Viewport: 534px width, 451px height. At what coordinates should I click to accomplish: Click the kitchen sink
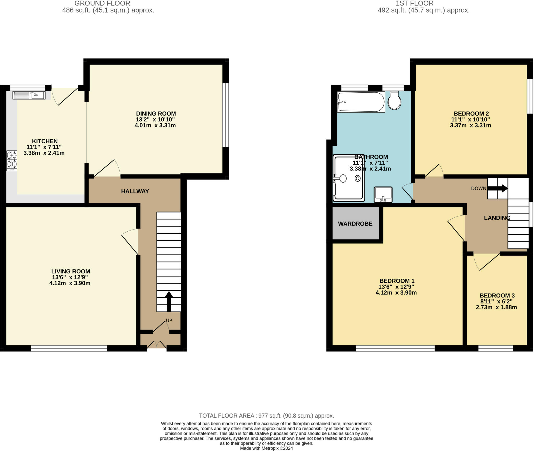(29, 95)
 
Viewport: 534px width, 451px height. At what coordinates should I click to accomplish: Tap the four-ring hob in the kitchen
(12, 161)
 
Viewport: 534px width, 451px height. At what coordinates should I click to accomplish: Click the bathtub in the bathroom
(361, 102)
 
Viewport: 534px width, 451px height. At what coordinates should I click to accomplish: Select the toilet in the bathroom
(394, 100)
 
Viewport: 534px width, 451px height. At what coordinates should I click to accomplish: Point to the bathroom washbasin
(383, 195)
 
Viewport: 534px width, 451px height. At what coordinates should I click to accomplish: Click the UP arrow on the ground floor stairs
(169, 301)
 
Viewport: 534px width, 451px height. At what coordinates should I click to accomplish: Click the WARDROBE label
(355, 224)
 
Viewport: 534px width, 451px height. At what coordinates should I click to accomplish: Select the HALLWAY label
(135, 191)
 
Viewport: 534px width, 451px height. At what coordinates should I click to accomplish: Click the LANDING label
(497, 218)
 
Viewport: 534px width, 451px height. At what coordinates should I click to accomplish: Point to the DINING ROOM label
(156, 114)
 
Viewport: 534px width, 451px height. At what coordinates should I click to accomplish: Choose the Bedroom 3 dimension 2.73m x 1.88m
(496, 307)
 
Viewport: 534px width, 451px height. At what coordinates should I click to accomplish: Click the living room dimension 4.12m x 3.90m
(70, 283)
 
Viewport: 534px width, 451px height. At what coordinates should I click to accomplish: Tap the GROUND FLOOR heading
(102, 3)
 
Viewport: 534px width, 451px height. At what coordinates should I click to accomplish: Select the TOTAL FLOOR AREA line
(266, 416)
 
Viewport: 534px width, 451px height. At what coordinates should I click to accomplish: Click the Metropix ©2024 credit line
(266, 448)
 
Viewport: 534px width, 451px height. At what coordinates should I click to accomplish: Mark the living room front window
(69, 348)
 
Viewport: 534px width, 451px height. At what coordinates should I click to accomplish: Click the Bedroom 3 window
(496, 348)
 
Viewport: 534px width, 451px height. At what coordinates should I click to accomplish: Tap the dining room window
(226, 115)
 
